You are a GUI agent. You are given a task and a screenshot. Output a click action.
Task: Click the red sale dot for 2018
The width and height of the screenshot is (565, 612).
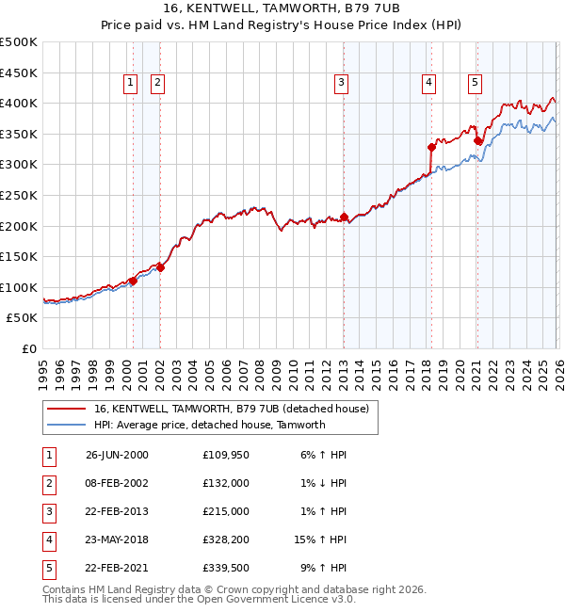431,147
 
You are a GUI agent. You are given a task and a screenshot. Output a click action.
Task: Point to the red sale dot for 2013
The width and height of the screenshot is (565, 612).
344,217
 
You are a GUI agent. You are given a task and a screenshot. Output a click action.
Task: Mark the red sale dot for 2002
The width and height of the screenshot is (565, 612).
160,267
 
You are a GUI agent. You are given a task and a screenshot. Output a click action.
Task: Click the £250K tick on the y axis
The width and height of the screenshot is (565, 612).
19,195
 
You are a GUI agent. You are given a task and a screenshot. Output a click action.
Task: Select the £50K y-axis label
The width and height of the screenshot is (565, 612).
23,318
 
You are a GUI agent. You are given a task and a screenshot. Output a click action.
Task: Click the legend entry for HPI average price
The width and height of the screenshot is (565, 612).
209,425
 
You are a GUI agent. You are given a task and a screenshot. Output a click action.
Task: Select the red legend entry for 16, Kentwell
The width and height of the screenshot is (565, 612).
235,409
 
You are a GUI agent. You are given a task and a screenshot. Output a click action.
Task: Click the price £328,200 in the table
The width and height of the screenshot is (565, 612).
226,540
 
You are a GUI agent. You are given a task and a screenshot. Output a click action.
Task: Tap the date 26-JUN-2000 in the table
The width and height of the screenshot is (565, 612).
117,455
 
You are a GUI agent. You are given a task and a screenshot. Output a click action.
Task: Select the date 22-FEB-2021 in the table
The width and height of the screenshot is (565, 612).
117,568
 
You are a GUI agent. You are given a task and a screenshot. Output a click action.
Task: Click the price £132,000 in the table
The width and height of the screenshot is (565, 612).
226,483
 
